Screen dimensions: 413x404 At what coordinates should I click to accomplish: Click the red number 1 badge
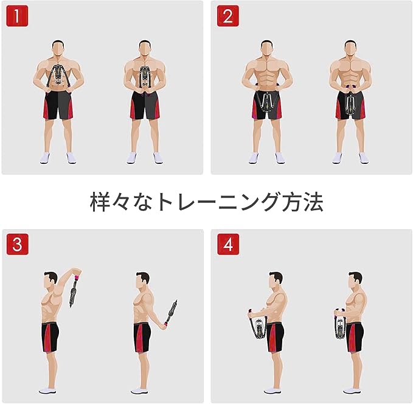pos(17,16)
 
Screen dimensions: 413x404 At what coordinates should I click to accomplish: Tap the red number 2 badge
pos(228,16)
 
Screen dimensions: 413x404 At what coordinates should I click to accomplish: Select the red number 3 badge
pos(18,244)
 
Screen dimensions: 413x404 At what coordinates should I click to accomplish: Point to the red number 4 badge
pos(228,244)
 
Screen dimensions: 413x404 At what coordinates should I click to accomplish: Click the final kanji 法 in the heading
pos(313,202)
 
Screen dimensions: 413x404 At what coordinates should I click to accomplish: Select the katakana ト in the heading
pos(165,202)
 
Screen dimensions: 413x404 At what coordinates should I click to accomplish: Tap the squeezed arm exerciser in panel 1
pos(144,77)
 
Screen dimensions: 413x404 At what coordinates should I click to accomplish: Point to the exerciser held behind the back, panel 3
pos(171,312)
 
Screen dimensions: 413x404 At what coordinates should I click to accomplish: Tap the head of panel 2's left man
pos(267,49)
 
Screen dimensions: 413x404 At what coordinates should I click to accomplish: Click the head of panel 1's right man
pos(145,48)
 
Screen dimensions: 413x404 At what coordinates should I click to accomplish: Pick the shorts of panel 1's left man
pos(58,105)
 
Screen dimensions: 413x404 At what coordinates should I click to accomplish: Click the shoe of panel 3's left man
pos(47,390)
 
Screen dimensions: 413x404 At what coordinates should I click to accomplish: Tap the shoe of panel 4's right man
pos(352,390)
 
